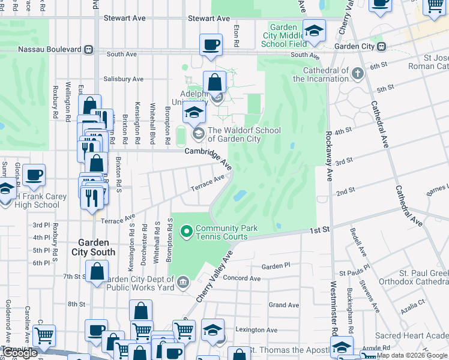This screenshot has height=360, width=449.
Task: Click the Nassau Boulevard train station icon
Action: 88,49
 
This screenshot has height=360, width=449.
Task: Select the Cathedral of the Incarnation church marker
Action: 358,74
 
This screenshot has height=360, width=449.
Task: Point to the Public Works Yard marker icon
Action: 184,281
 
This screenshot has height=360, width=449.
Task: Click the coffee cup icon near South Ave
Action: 211,46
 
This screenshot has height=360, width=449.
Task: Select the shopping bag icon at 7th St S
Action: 97,272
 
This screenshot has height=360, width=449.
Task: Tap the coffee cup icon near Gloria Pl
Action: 34,175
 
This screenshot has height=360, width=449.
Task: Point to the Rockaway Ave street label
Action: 329,157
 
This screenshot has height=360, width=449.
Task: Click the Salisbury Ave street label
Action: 123,79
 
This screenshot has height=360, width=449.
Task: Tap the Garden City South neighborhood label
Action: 94,247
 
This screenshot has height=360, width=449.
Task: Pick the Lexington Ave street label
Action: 256,330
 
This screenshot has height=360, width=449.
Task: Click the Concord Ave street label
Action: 242,278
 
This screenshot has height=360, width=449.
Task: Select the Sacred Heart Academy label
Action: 412,335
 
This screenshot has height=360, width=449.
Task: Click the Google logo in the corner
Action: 20,353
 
